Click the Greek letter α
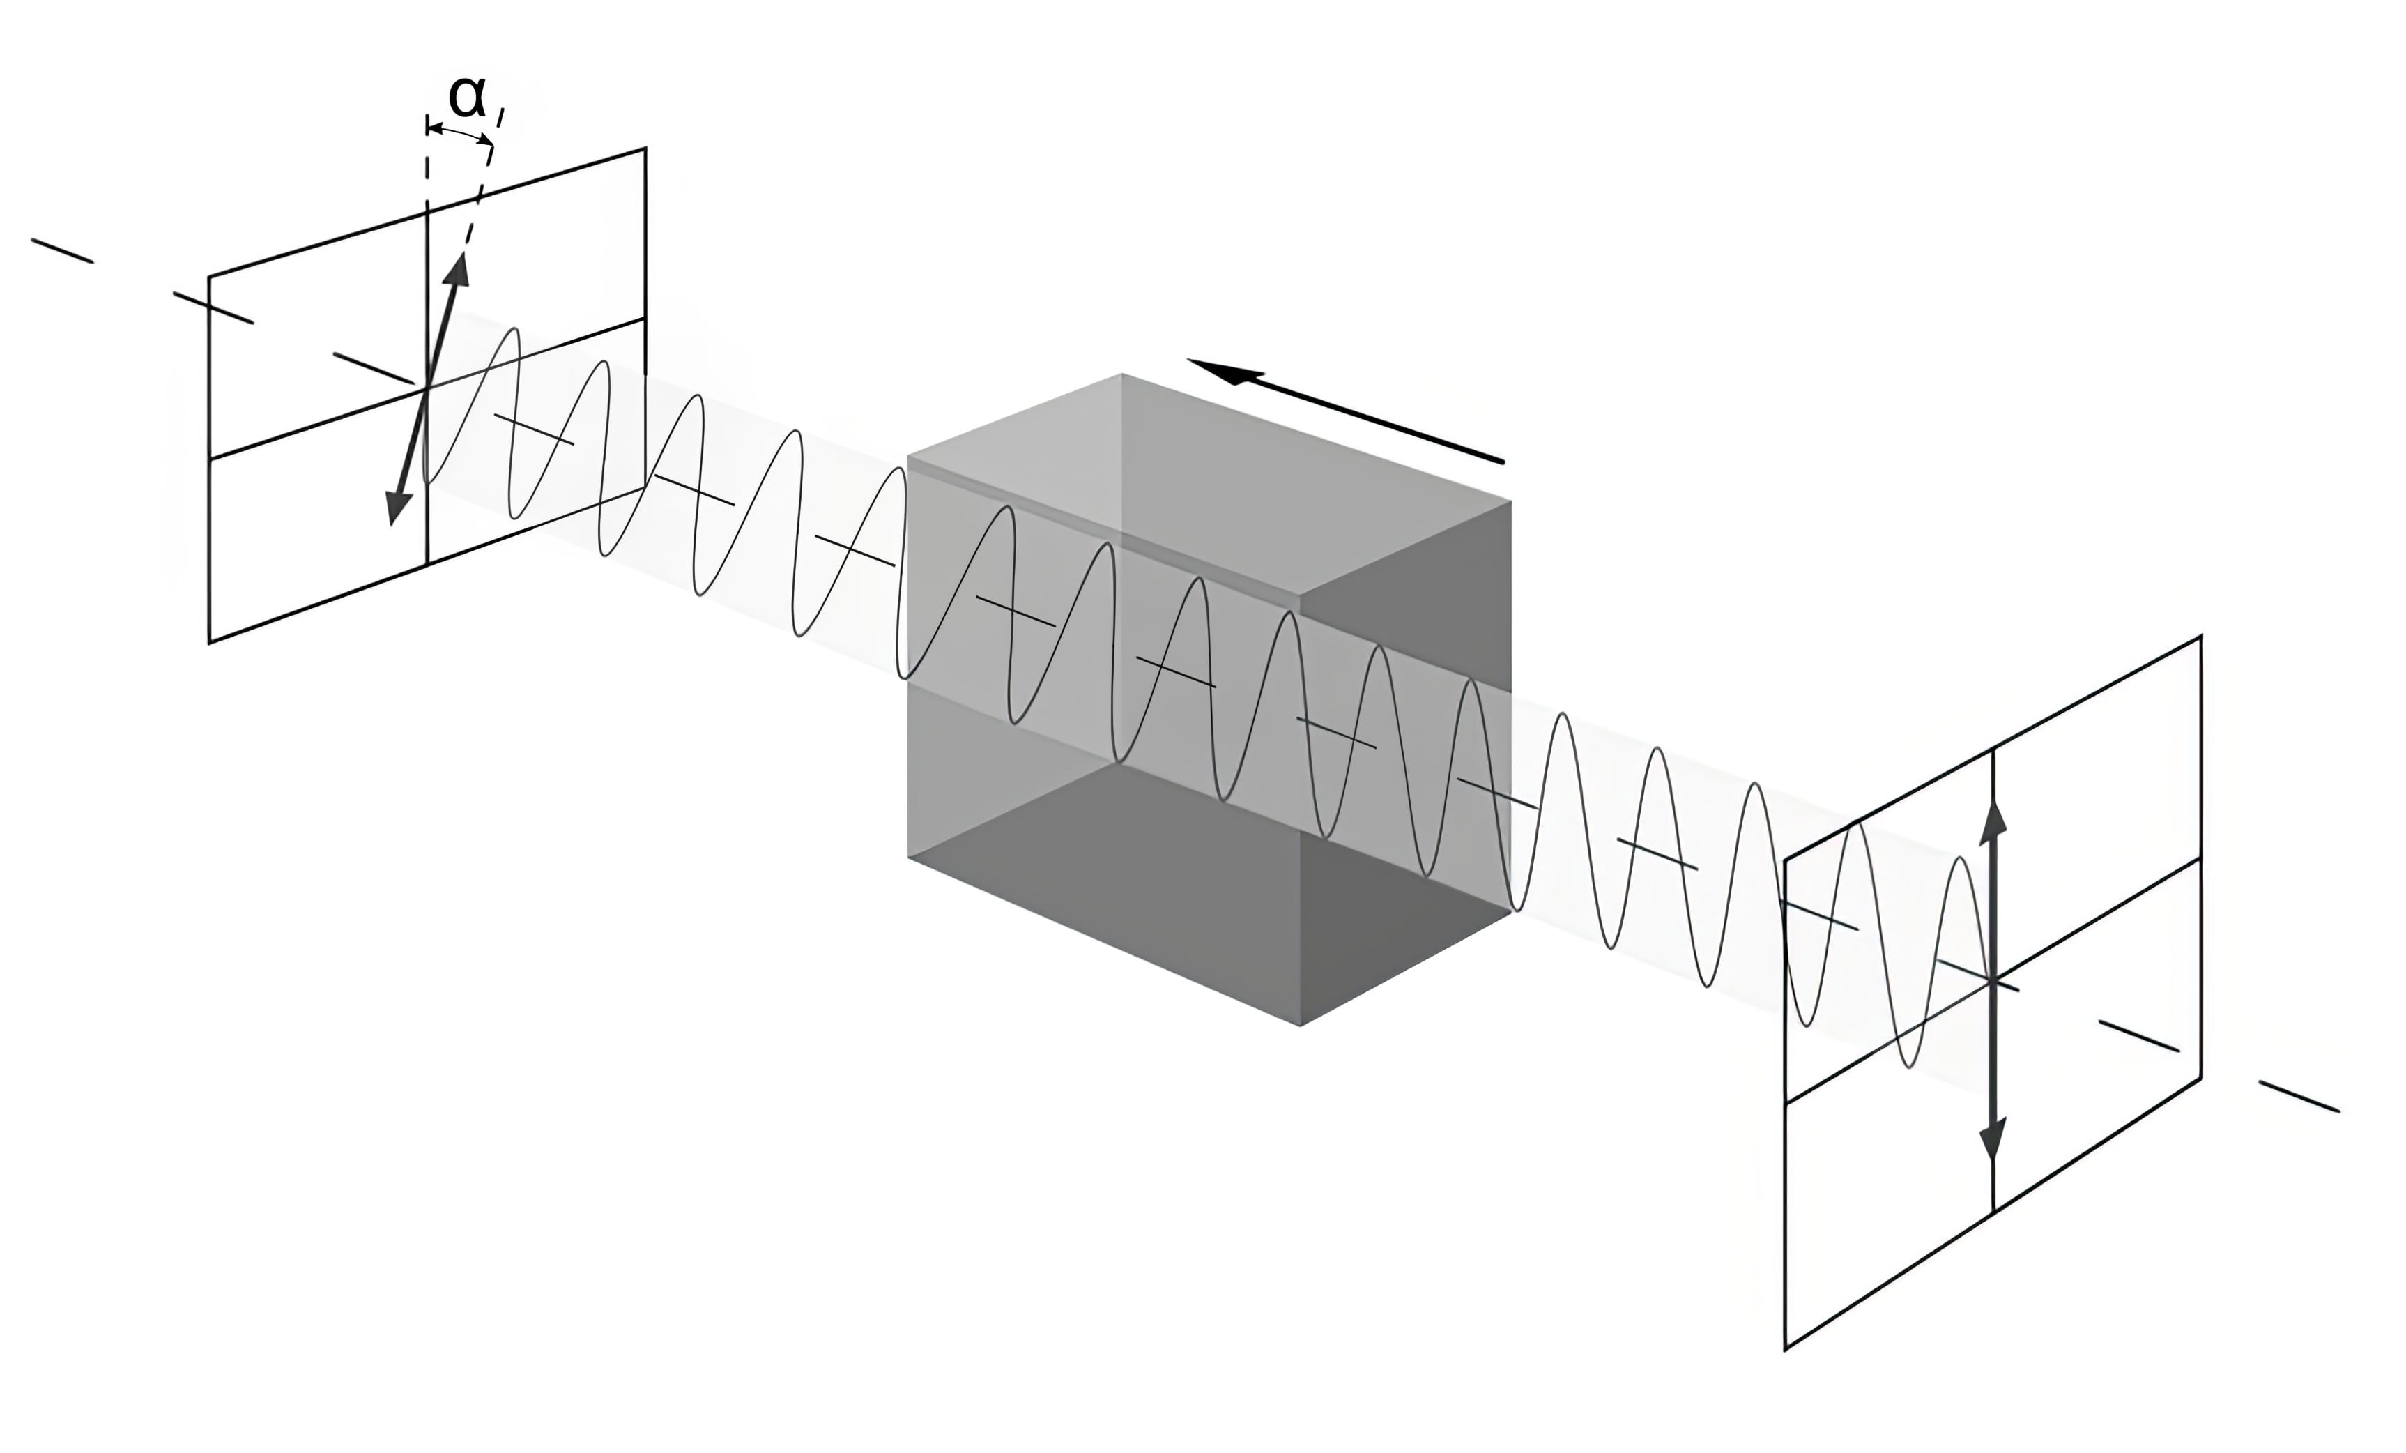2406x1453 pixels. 467,98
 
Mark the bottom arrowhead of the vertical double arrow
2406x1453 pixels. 1992,1141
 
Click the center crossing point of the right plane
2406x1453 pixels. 1992,980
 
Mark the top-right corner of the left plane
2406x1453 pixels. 645,149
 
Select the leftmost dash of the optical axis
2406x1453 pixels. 61,251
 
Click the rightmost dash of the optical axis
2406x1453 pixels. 2299,1095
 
